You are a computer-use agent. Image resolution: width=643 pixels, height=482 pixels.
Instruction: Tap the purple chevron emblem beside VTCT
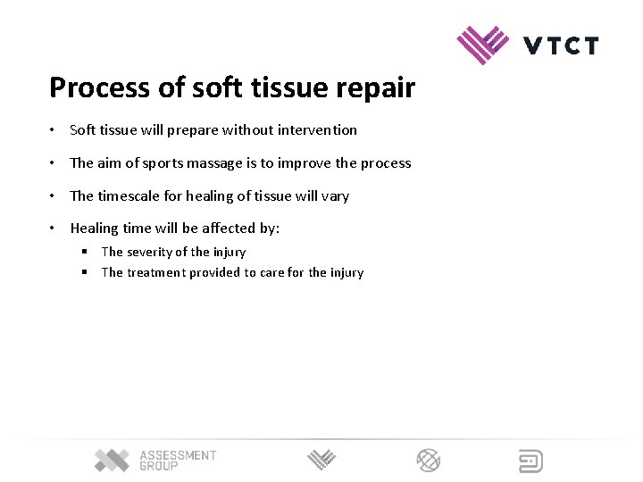(483, 44)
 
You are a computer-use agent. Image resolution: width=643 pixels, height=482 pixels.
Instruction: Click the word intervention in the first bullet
(317, 130)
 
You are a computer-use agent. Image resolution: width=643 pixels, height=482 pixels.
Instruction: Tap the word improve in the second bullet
(305, 163)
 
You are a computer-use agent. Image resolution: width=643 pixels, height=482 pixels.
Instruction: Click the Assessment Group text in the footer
(178, 461)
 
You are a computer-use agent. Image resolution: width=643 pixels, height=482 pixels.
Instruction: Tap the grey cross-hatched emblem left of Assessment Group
(113, 460)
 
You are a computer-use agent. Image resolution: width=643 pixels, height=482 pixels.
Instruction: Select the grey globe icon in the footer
(429, 461)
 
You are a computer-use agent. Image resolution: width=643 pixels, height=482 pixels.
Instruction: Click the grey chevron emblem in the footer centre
(322, 461)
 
